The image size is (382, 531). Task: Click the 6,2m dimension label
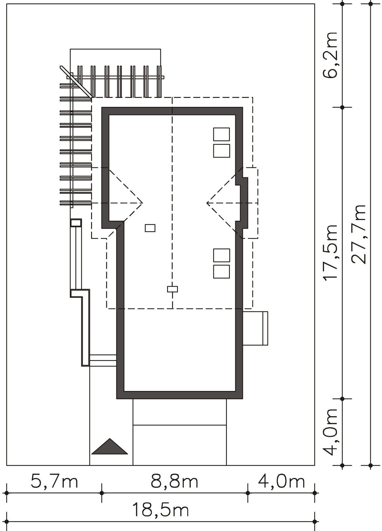point(330,55)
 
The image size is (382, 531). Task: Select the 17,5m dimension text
point(330,253)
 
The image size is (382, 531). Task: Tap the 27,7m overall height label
point(358,235)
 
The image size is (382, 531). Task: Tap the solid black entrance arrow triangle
point(110,447)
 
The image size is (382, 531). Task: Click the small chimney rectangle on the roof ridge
point(172,289)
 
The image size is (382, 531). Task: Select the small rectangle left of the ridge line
point(150,228)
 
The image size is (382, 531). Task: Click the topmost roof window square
point(222,134)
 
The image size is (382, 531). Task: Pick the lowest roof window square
point(222,271)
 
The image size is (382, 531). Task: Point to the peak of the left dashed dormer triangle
point(143,203)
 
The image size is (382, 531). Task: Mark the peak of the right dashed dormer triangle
point(207,203)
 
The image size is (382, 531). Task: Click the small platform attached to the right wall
point(255,328)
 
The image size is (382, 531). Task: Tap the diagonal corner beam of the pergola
point(76,82)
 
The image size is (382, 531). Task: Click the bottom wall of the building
point(180,395)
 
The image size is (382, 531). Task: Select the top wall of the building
point(172,111)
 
